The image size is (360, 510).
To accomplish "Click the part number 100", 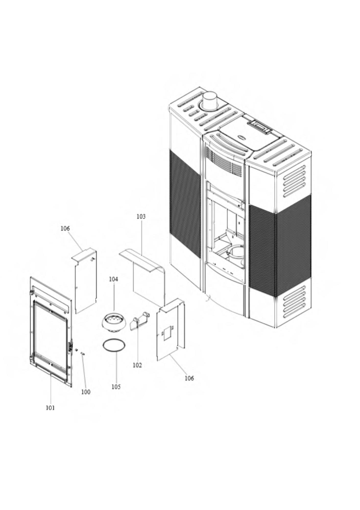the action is [86, 392].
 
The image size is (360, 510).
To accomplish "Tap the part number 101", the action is [50, 408].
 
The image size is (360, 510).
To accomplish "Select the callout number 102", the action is [137, 365].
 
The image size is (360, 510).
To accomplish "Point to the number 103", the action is [141, 216].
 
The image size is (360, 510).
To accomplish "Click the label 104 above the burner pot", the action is [114, 279].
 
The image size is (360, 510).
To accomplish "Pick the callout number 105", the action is [116, 387].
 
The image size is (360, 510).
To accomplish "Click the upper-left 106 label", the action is [65, 228].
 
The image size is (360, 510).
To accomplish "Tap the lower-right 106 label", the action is [189, 378].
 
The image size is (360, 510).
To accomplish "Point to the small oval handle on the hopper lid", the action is [241, 137].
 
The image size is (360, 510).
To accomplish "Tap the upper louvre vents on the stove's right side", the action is [294, 181].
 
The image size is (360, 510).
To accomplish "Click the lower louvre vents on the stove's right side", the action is [294, 302].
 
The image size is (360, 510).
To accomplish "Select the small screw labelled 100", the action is [82, 353].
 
